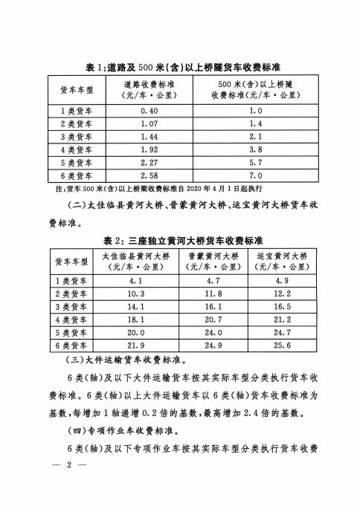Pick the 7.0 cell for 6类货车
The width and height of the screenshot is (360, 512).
[257, 175]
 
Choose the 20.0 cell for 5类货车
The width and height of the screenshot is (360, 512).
[135, 333]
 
